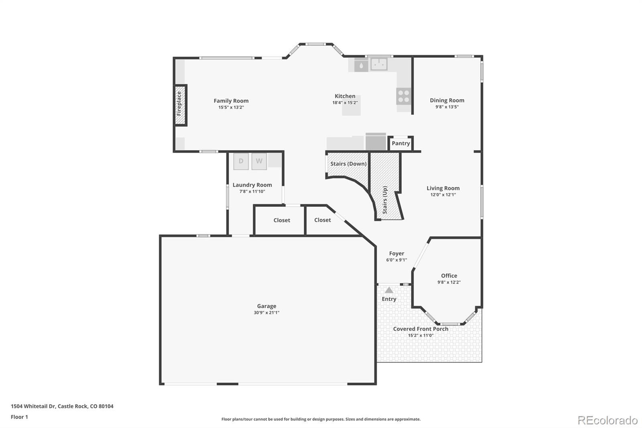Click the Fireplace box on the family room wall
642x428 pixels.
point(181,105)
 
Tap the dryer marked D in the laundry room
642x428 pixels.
point(241,161)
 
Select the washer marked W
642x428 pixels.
point(259,161)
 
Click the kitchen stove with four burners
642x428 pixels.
point(404,96)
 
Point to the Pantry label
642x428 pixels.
point(401,143)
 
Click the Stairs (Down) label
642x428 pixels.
point(349,164)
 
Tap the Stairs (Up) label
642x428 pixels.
point(385,200)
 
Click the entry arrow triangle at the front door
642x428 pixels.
point(389,290)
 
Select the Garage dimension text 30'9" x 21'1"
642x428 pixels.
point(266,313)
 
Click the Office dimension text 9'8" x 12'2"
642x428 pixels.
point(449,282)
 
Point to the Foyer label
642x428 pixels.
point(397,254)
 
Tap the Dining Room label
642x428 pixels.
point(447,100)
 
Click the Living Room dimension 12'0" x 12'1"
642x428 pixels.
point(443,195)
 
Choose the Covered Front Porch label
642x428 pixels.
point(421,329)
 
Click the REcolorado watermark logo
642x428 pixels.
point(607,420)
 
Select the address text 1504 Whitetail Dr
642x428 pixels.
point(33,406)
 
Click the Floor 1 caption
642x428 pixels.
point(20,417)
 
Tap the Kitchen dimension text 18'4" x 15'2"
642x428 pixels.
point(345,103)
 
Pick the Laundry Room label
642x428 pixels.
point(252,185)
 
